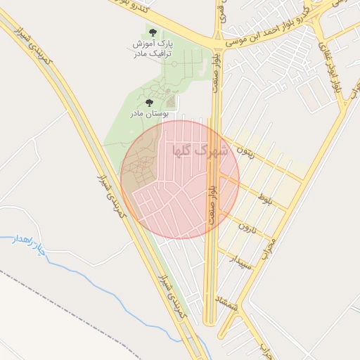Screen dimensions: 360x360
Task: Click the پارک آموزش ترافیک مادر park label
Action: click(153, 48)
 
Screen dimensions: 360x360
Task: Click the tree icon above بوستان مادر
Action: click(148, 103)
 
